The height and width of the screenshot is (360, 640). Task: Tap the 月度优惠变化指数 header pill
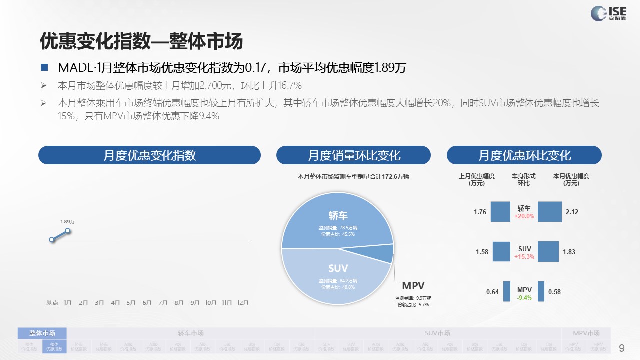tap(149, 155)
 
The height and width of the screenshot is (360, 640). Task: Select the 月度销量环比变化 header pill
tap(353, 155)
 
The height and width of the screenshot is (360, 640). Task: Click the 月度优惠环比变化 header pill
tap(524, 155)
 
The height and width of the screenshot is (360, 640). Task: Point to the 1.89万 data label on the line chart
tap(67, 222)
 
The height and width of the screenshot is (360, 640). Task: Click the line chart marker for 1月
tap(68, 231)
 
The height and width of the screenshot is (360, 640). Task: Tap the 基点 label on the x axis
tap(52, 303)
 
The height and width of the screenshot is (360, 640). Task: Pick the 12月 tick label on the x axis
tap(243, 303)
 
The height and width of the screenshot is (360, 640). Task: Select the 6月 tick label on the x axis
tap(147, 303)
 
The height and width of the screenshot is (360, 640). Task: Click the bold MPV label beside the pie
tap(413, 286)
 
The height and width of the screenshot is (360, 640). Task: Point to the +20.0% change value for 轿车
tap(524, 217)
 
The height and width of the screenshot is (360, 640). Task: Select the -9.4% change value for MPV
tap(524, 298)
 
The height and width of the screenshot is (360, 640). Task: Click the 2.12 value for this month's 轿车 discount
tap(572, 212)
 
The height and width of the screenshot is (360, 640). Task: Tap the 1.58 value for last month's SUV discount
tap(482, 252)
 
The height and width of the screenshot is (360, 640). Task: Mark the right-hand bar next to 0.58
tap(541, 291)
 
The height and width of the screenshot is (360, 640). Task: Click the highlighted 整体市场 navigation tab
tap(42, 333)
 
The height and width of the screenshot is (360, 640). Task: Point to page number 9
tap(622, 348)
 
